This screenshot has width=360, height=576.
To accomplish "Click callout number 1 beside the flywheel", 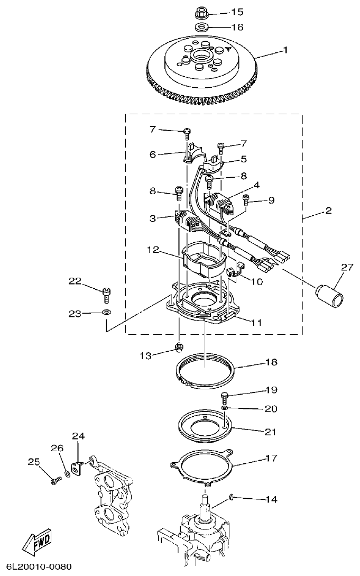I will [x=285, y=50].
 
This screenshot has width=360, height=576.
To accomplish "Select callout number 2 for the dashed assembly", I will [x=328, y=211].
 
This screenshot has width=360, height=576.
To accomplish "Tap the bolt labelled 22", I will [x=106, y=291].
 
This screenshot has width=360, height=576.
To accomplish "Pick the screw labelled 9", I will [x=246, y=199].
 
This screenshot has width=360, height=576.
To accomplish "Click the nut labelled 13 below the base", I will [x=179, y=347].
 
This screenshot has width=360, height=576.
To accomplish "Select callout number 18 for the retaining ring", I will [x=271, y=363].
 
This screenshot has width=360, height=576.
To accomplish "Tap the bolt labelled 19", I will [x=225, y=396].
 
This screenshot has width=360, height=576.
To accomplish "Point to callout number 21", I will [x=270, y=432].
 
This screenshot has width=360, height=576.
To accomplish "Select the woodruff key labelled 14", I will [x=232, y=496].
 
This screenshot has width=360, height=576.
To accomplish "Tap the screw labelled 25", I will [x=54, y=480].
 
